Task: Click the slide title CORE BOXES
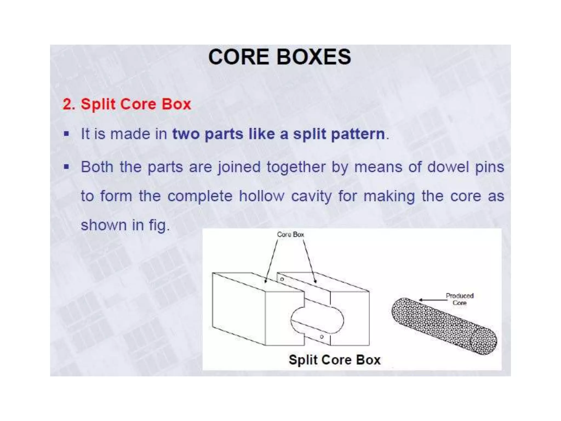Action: coord(279,57)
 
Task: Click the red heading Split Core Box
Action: coord(127,104)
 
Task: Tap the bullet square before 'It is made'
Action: coord(66,134)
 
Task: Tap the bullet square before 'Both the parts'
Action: coord(66,167)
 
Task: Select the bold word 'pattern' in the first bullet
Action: coord(358,134)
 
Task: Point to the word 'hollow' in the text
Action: coord(262,196)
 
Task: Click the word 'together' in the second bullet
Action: coord(296,167)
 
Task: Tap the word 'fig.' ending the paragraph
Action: coord(159,226)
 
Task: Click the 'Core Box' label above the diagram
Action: coord(290,235)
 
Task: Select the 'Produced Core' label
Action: coord(459,299)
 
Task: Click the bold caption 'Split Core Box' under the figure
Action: coord(334,360)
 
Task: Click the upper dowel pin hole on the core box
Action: coord(282,279)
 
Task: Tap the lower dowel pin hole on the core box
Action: coord(322,337)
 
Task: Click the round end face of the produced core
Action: coord(483,341)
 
